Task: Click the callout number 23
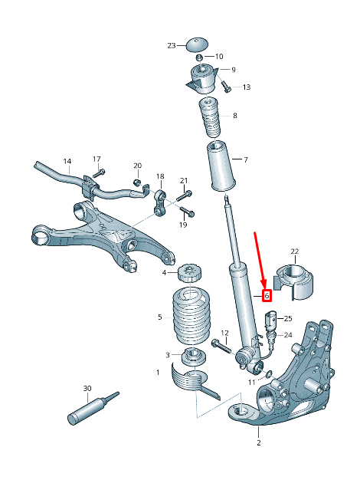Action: [x=171, y=45]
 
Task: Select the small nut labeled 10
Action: [x=199, y=57]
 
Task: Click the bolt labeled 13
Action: [x=226, y=87]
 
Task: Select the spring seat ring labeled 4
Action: [x=188, y=273]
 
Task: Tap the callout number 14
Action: [x=67, y=161]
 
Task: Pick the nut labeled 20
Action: [x=136, y=182]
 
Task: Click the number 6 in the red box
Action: [x=267, y=296]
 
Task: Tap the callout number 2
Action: [x=258, y=443]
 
